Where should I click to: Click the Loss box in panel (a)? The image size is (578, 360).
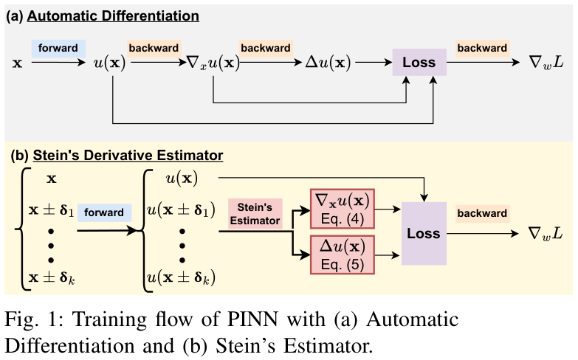(x=419, y=63)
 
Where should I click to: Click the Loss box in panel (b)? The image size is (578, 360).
(x=423, y=234)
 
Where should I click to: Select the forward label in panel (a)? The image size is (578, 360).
(x=58, y=48)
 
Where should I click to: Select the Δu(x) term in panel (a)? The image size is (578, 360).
(x=328, y=64)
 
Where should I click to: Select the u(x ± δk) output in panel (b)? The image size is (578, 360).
(x=182, y=278)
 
